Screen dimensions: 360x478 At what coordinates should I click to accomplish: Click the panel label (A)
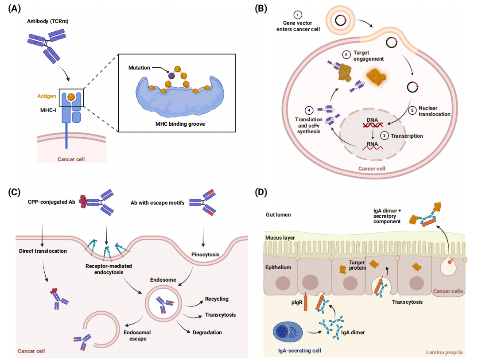coord(14,8)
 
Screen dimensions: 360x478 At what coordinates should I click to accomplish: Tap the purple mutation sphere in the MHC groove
coord(171,76)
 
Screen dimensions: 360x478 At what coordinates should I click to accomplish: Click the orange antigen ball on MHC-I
coord(71,97)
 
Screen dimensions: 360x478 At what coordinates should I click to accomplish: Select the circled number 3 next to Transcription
coord(385,136)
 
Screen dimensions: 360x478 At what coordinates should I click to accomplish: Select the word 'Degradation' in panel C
coord(207,332)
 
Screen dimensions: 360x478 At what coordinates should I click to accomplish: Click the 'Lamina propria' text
coord(444,352)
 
